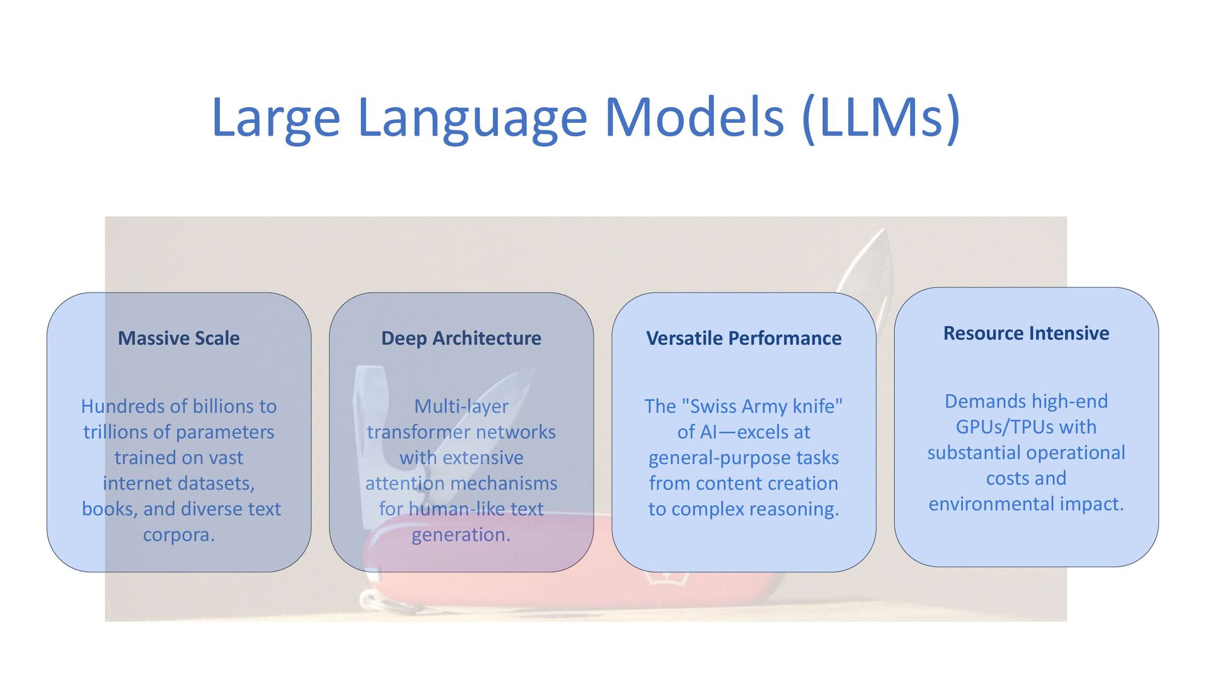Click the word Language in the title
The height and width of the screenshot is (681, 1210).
pos(472,118)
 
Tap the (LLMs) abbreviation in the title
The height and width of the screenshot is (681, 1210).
pos(881,118)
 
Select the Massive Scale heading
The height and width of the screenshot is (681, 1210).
pos(178,338)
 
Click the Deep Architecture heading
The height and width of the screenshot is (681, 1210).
pos(461,338)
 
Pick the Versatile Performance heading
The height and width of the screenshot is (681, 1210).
pos(744,338)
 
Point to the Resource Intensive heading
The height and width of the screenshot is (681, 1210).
pos(1026,333)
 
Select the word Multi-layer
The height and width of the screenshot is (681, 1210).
pos(461,406)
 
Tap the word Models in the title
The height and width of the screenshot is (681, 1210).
pos(694,118)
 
